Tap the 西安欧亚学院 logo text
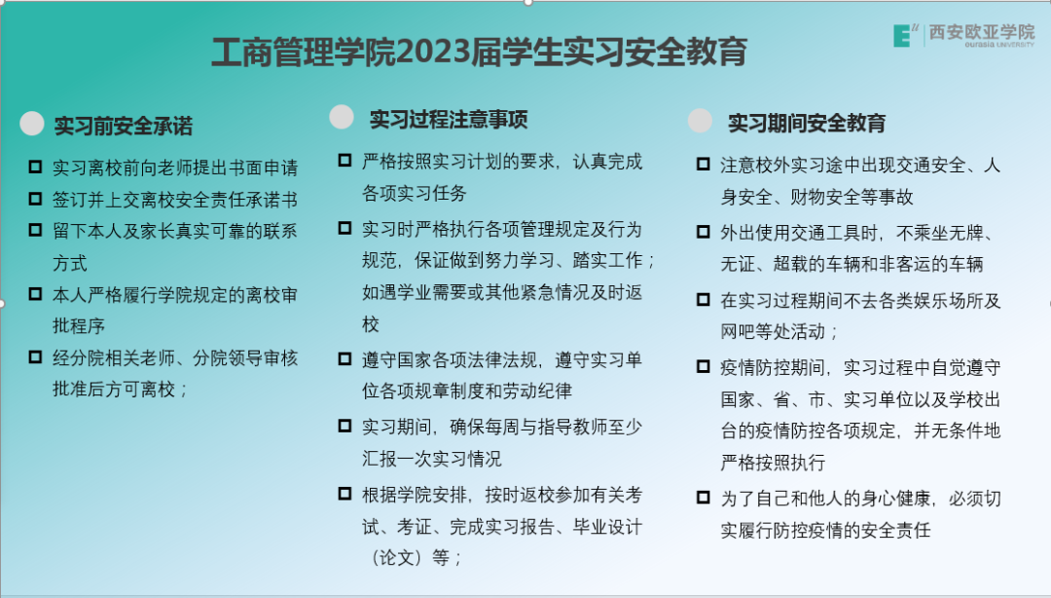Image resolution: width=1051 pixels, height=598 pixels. (982, 32)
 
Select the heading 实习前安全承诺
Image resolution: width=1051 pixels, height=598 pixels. (124, 126)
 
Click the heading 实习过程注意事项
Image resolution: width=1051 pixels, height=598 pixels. (449, 120)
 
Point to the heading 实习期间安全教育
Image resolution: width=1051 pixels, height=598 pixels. (807, 124)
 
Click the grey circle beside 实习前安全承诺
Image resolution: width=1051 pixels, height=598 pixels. (33, 124)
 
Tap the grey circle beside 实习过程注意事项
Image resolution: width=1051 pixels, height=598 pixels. (342, 117)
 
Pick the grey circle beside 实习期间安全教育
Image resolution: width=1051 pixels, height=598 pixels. (700, 121)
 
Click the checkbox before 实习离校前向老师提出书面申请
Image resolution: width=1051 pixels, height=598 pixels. (35, 168)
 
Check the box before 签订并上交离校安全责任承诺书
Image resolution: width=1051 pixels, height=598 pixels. (35, 200)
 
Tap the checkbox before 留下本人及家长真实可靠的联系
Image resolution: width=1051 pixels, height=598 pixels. (35, 232)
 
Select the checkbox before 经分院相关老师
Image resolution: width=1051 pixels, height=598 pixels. (35, 358)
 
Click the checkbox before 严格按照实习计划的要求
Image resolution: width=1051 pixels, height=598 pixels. (344, 161)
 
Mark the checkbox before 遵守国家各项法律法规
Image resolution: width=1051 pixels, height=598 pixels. (344, 359)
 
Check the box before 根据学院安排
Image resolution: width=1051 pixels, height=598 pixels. (344, 494)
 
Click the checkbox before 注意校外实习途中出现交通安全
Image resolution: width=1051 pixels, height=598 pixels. (703, 165)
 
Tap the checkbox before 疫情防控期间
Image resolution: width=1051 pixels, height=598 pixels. (703, 367)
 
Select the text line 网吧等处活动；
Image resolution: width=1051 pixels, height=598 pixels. (779, 332)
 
